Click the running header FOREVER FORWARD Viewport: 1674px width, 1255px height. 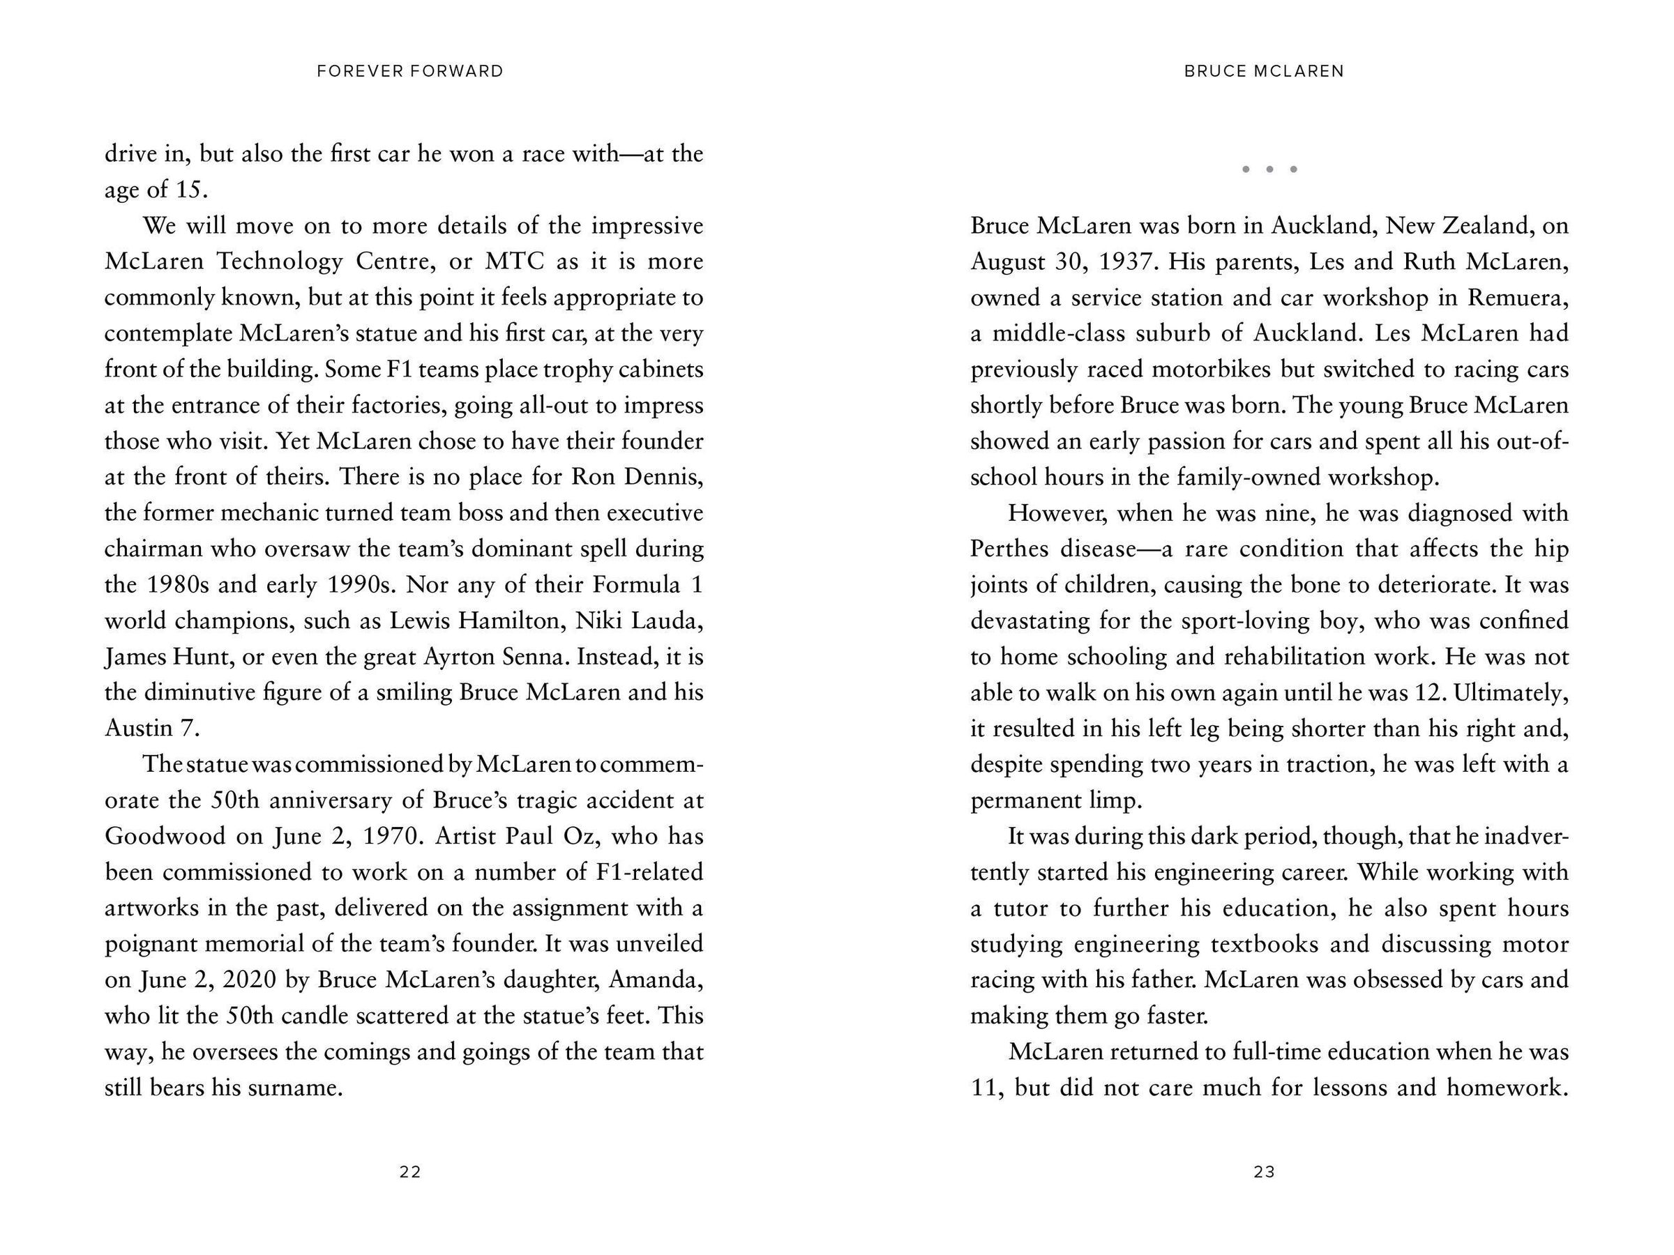[410, 71]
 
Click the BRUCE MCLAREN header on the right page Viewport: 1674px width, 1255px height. [1264, 71]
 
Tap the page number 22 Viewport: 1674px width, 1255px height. [410, 1172]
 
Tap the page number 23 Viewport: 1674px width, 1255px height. [1265, 1172]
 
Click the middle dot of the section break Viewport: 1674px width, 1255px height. [1270, 169]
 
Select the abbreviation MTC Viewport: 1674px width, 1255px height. [515, 261]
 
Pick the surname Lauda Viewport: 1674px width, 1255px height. [667, 621]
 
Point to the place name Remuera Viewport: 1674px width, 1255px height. [1516, 297]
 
